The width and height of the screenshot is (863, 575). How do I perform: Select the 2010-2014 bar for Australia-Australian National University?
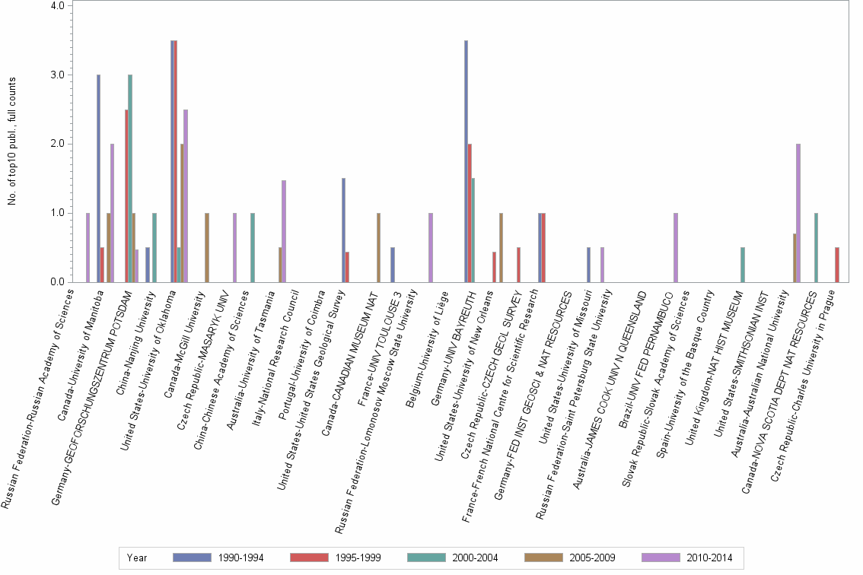tap(798, 213)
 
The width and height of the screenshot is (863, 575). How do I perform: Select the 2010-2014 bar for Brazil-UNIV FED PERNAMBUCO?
tap(675, 247)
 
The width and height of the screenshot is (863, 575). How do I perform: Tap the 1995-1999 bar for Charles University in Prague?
tap(837, 265)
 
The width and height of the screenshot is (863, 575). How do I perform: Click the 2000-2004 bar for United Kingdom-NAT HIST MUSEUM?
tap(743, 265)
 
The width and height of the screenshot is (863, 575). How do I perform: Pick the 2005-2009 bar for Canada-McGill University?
tap(207, 247)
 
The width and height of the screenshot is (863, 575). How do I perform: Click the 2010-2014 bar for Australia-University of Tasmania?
tap(284, 231)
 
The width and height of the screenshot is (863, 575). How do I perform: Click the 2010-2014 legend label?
tap(709, 558)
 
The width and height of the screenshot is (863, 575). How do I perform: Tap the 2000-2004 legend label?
tap(475, 558)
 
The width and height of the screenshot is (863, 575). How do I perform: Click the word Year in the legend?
tap(137, 558)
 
